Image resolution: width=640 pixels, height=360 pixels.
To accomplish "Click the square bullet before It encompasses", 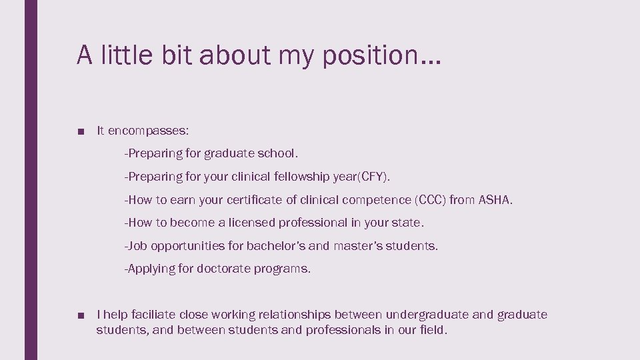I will pos(81,131).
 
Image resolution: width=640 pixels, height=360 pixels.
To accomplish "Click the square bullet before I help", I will pos(81,315).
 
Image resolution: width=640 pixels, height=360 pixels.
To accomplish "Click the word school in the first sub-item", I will pos(276,153).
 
